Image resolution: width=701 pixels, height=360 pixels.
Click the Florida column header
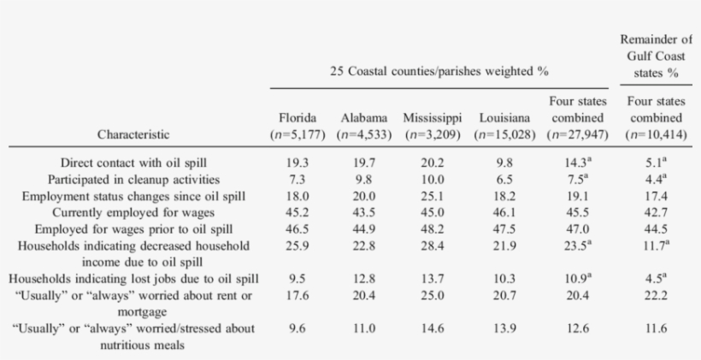298,117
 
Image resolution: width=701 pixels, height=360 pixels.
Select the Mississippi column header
433,117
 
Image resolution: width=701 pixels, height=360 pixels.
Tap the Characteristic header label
133,134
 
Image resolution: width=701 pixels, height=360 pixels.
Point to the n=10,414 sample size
655,134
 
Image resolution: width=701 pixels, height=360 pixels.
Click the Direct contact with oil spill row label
133,162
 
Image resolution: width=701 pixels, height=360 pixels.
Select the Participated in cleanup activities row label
133,180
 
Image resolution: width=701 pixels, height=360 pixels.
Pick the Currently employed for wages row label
133,212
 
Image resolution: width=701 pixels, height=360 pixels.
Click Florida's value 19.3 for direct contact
298,162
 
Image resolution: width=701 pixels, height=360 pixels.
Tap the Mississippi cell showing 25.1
433,196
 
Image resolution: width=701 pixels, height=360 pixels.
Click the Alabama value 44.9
363,229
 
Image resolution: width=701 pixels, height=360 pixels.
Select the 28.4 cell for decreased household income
433,246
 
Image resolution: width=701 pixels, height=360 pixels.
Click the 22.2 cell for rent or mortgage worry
655,296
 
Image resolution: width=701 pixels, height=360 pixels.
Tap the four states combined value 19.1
578,196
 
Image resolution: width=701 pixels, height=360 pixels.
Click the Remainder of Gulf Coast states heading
655,56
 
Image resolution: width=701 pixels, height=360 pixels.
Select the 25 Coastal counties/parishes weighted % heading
439,72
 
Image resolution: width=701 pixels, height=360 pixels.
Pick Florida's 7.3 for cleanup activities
298,180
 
